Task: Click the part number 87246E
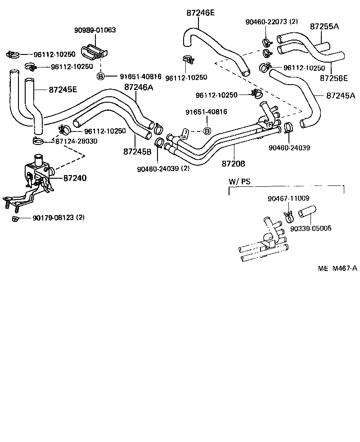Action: tap(200, 13)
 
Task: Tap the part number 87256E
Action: tap(333, 78)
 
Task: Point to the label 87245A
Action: tap(341, 95)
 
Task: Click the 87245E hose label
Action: tap(63, 90)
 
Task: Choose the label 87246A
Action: tap(139, 87)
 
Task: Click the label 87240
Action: tap(75, 178)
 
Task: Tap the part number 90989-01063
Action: tap(95, 31)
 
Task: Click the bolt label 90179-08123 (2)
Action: tap(58, 218)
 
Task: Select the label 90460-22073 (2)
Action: tap(272, 22)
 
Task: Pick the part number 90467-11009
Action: tap(288, 198)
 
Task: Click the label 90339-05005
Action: tap(310, 228)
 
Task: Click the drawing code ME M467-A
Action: tap(337, 268)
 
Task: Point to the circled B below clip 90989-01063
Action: tap(101, 76)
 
